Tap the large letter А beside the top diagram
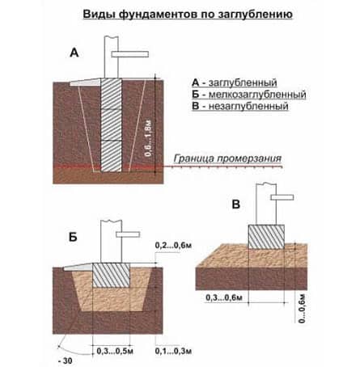[x=74, y=53]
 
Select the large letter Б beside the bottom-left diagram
[x=73, y=237]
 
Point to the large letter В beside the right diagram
[x=236, y=205]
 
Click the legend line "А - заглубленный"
[x=235, y=82]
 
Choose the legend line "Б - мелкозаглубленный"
[x=249, y=95]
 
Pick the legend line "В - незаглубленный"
[x=240, y=106]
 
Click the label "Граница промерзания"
[x=227, y=158]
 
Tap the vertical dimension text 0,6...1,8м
[x=149, y=138]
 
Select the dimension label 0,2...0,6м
[x=173, y=246]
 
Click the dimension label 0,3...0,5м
[x=115, y=351]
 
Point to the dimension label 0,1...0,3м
[x=173, y=351]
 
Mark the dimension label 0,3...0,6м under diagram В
[x=224, y=297]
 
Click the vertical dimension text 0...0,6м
[x=302, y=309]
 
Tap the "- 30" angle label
[x=65, y=361]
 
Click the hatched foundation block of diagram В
[x=266, y=237]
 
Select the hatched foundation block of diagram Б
[x=111, y=275]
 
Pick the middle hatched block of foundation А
[x=111, y=124]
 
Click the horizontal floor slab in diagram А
[x=130, y=54]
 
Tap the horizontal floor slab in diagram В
[x=282, y=197]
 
